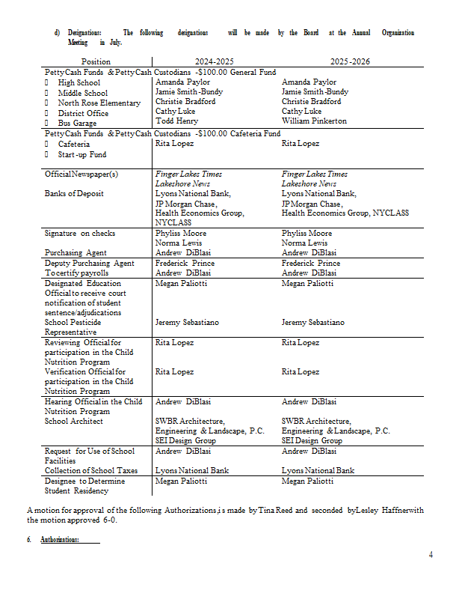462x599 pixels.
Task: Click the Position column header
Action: pos(96,61)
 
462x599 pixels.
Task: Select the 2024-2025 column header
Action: pos(215,61)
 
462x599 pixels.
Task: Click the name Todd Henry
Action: pos(176,121)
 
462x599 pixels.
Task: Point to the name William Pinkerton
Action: pos(314,121)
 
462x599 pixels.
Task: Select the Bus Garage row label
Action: pos(77,123)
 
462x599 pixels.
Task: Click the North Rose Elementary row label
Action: pos(99,103)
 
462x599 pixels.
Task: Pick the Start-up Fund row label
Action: pos(81,155)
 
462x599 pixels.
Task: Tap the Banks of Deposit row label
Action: pos(74,194)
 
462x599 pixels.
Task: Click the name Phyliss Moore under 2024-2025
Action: pos(180,234)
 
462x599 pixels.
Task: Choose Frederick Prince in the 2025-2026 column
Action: pos(311,264)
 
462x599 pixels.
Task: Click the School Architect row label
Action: pos(73,422)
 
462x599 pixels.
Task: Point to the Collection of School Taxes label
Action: pos(91,471)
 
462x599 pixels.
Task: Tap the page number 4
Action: pos(431,554)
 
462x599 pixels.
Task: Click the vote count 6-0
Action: pos(111,520)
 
